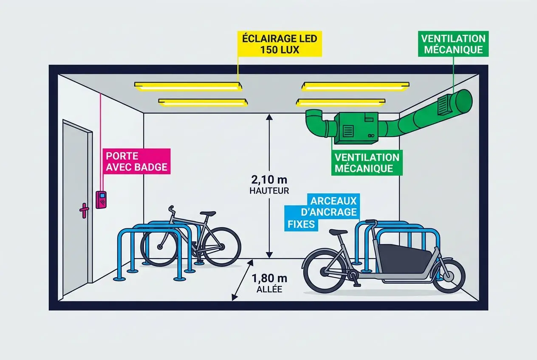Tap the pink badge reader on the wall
[x=102, y=200]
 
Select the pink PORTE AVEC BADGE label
[x=136, y=161]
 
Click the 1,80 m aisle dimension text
[x=269, y=279]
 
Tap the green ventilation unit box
[x=355, y=127]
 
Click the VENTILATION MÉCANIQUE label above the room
[x=452, y=44]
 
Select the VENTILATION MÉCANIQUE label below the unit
[x=367, y=163]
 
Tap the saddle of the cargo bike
[x=338, y=232]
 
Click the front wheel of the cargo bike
[x=449, y=275]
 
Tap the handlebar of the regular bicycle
[x=171, y=209]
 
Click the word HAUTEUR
[x=269, y=191]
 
